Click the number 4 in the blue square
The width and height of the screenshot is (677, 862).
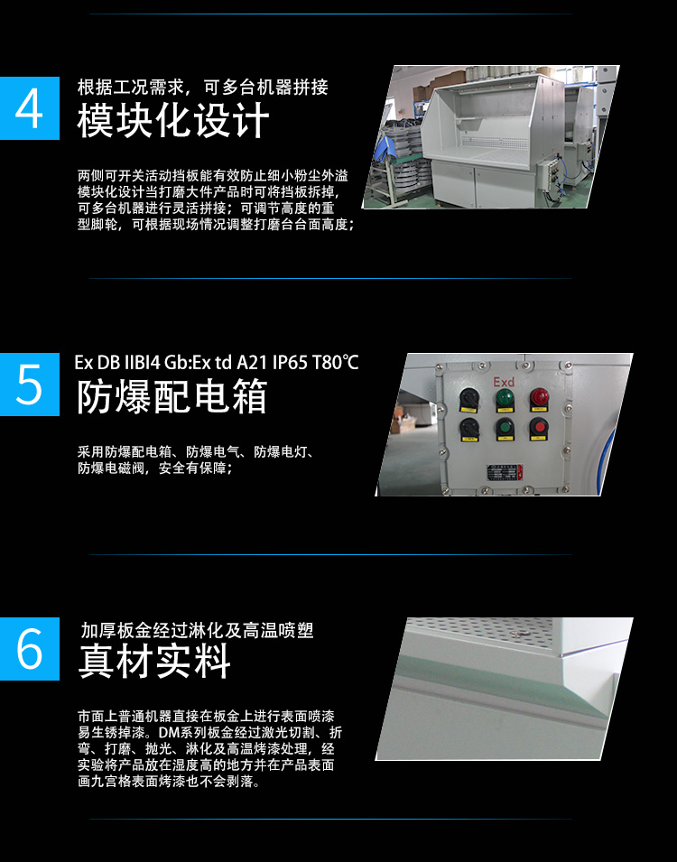pyautogui.click(x=30, y=108)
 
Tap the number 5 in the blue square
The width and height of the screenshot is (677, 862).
pyautogui.click(x=30, y=385)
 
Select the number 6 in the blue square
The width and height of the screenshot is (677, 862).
pyautogui.click(x=30, y=649)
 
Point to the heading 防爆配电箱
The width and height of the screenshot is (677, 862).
pyautogui.click(x=172, y=397)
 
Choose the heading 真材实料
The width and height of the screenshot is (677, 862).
pyautogui.click(x=154, y=662)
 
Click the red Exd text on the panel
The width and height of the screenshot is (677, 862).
pyautogui.click(x=504, y=384)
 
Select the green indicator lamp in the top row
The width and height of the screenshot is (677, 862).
pyautogui.click(x=505, y=398)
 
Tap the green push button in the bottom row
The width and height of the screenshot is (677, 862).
pyautogui.click(x=505, y=428)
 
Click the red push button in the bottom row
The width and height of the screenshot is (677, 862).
pyautogui.click(x=539, y=427)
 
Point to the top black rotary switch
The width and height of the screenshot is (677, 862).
pyautogui.click(x=469, y=397)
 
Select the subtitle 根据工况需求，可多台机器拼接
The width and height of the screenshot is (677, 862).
pyautogui.click(x=202, y=88)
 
